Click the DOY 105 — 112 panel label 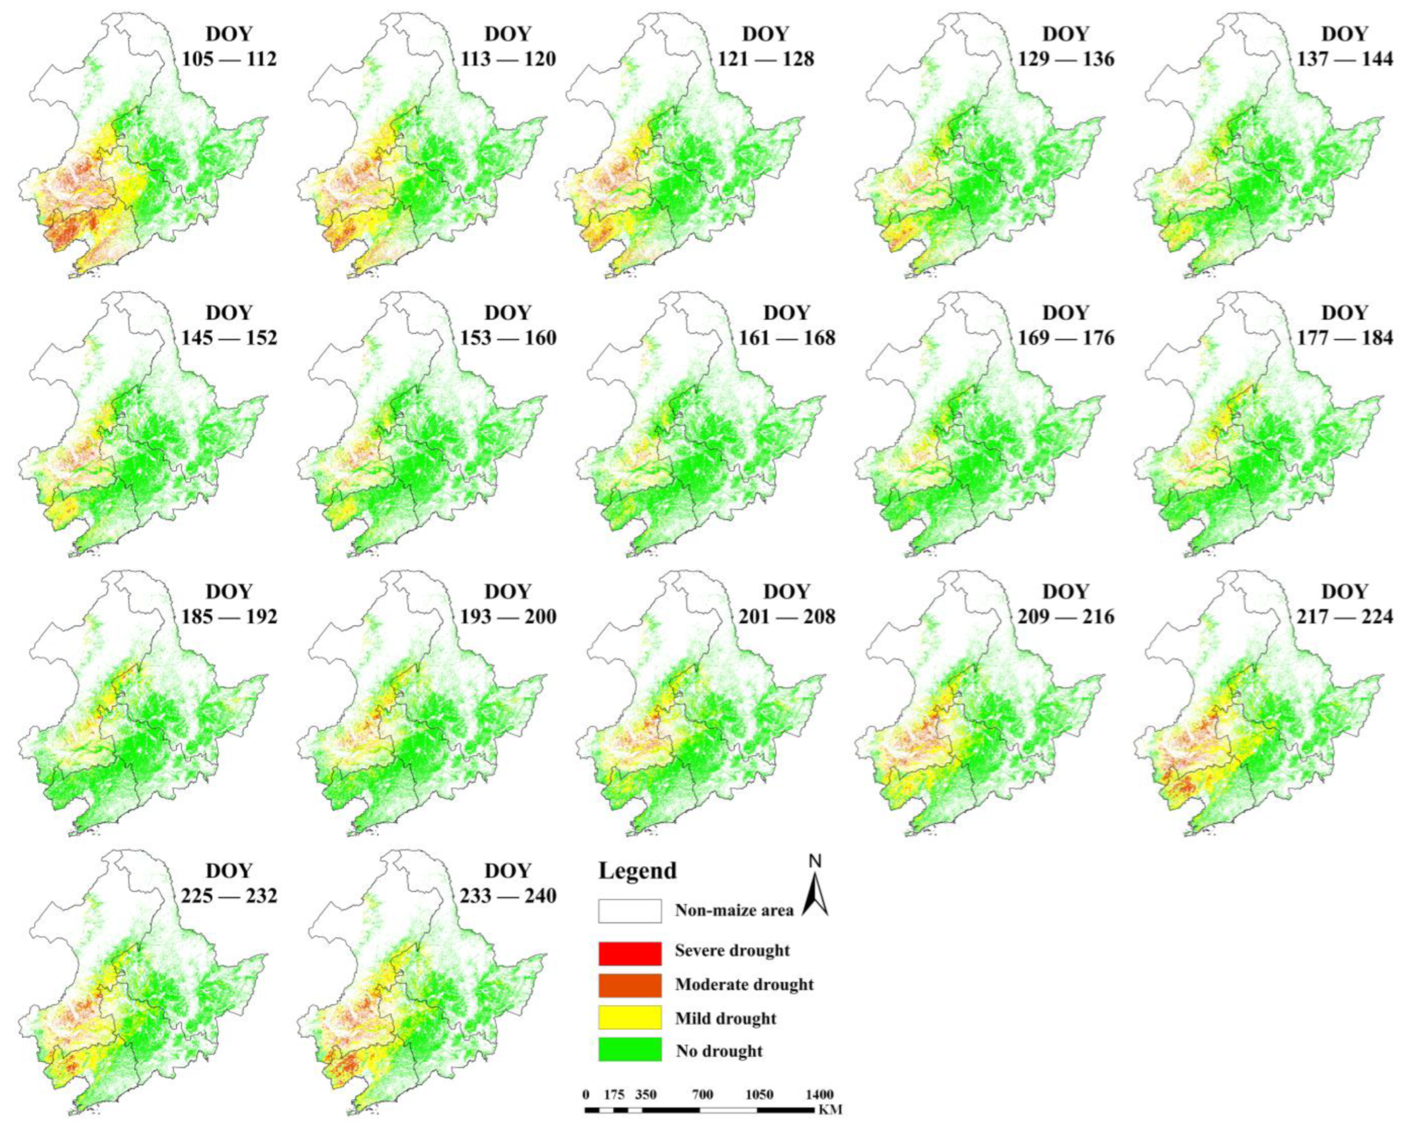229,46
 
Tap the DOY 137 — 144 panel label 1344,46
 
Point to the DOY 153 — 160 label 508,325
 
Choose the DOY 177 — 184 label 1344,325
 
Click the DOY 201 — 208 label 787,604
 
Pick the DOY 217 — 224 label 1344,604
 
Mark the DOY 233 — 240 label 508,883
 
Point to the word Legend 638,871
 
